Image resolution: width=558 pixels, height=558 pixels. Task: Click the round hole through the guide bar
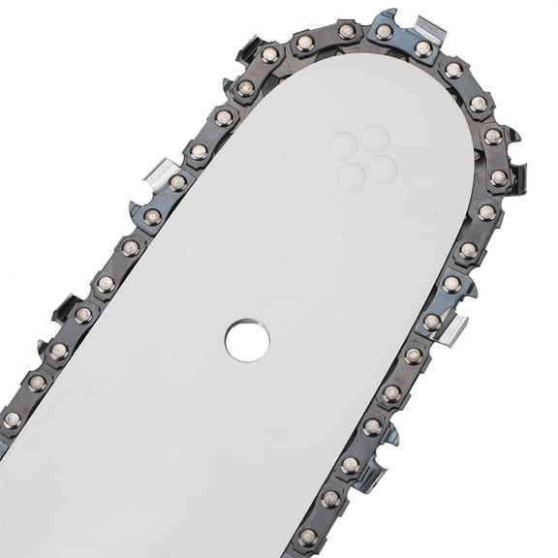[247, 340]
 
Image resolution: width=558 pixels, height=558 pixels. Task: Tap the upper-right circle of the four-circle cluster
[374, 139]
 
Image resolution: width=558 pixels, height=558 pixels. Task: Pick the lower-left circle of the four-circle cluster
[352, 175]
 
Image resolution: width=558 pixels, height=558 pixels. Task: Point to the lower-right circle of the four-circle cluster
[383, 169]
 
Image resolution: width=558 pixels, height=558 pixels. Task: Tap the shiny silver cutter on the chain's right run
[452, 329]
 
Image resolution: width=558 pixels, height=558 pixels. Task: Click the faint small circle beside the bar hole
[341, 317]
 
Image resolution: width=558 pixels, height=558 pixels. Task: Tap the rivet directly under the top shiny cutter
[422, 47]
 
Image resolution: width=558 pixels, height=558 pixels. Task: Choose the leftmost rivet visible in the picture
[12, 419]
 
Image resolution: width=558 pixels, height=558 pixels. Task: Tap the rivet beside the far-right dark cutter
[498, 177]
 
